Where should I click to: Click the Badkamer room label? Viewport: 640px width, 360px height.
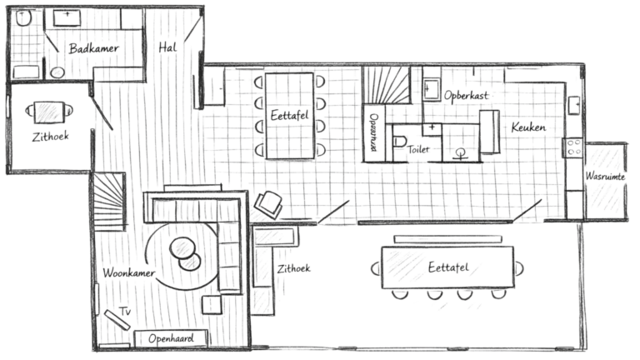pyautogui.click(x=92, y=48)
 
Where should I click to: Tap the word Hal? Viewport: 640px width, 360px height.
pyautogui.click(x=167, y=47)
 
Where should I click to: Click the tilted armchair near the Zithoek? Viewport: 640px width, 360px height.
pyautogui.click(x=267, y=203)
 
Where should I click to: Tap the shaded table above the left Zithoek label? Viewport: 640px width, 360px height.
pyautogui.click(x=47, y=111)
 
